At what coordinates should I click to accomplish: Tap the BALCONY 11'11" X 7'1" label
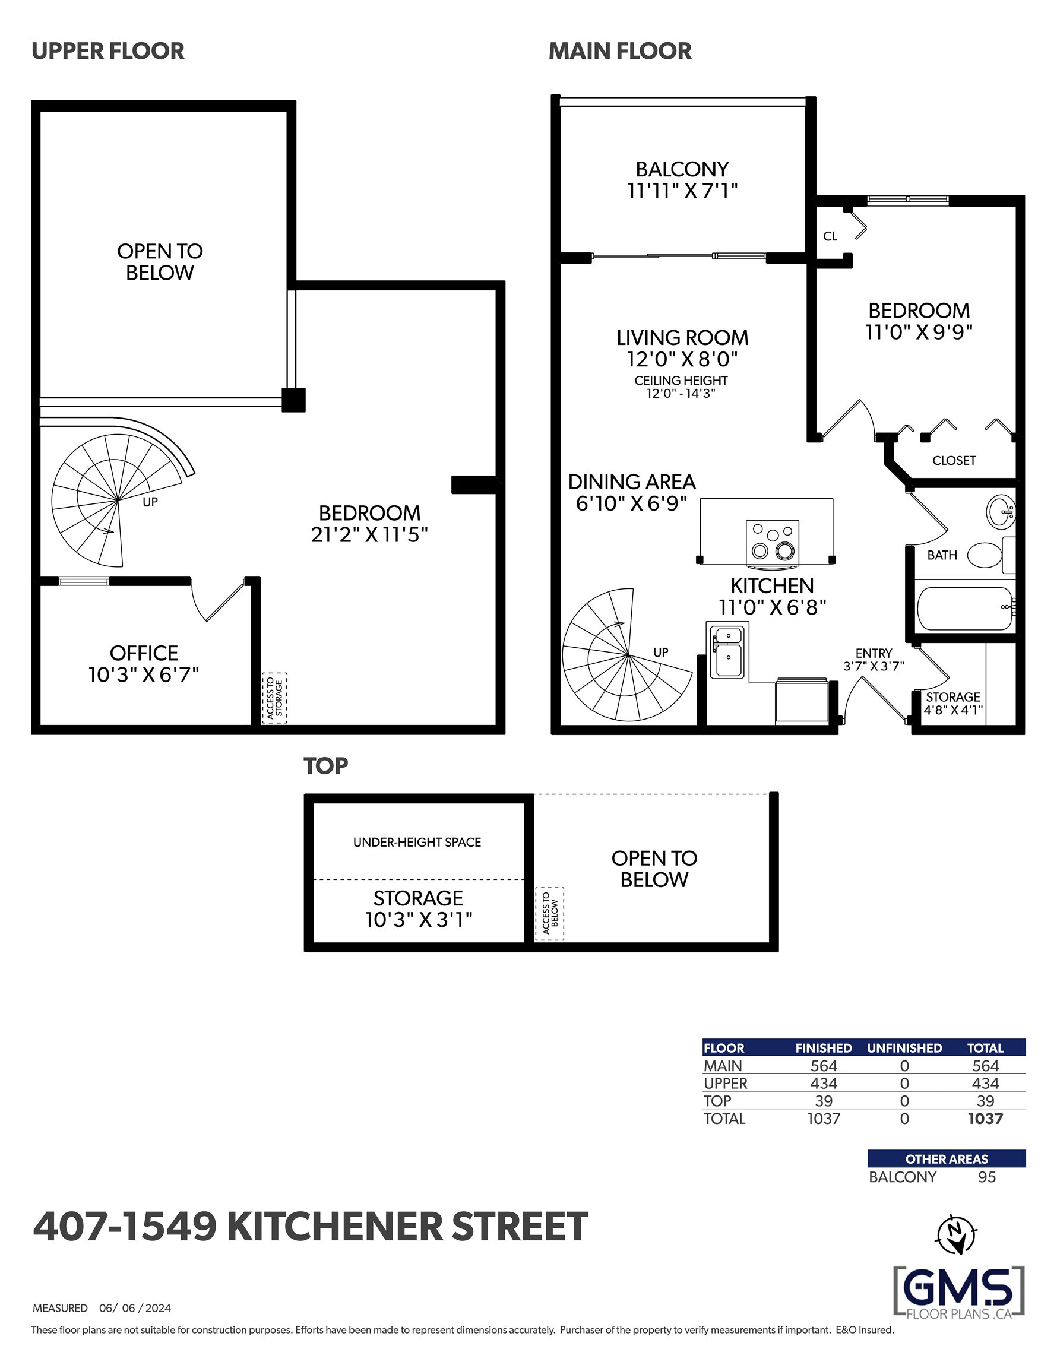(x=682, y=180)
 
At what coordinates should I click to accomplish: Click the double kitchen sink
(x=727, y=651)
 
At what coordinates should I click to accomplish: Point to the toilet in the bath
(x=990, y=555)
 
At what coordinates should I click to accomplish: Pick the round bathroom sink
(x=1001, y=512)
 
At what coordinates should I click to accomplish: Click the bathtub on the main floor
(x=965, y=608)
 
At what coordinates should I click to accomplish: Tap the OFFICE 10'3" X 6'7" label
(x=144, y=664)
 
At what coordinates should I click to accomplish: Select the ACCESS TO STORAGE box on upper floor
(x=274, y=698)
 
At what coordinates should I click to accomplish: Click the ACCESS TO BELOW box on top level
(x=549, y=914)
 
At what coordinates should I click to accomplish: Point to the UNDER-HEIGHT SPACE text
(x=417, y=843)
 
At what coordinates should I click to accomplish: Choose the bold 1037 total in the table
(x=985, y=1119)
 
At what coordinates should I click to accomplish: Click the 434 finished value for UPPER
(x=823, y=1084)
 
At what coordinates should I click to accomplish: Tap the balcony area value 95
(x=987, y=1177)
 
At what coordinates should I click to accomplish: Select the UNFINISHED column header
(x=904, y=1048)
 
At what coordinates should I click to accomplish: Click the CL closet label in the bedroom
(x=830, y=236)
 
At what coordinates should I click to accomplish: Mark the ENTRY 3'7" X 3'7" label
(x=874, y=660)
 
